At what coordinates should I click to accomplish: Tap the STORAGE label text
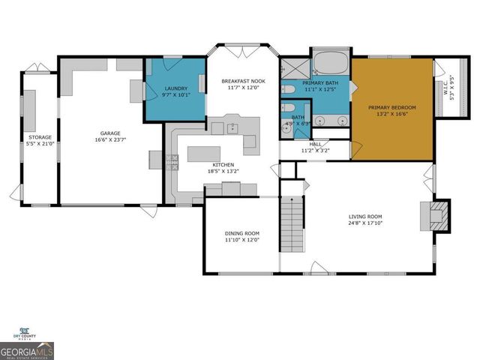pyautogui.click(x=40, y=137)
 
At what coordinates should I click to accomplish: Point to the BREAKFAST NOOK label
pyautogui.click(x=243, y=80)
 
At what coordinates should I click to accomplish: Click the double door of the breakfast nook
pyautogui.click(x=242, y=52)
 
